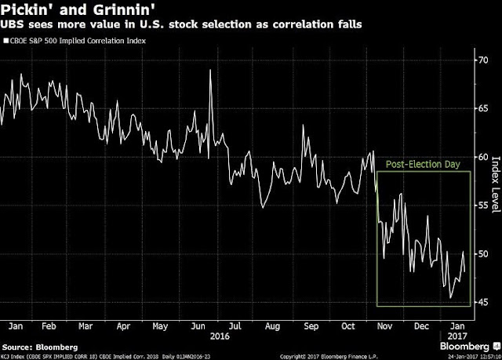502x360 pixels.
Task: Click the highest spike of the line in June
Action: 210,71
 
